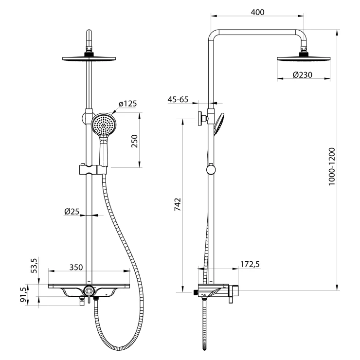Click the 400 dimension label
coord(257,12)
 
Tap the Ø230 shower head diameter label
coord(303,74)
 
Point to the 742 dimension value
coord(178,204)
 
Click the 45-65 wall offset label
coord(178,99)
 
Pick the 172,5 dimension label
coord(250,264)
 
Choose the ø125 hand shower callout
coord(127,104)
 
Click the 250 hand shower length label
coord(134,141)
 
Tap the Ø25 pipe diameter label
coord(72,211)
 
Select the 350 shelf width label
coord(76,267)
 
